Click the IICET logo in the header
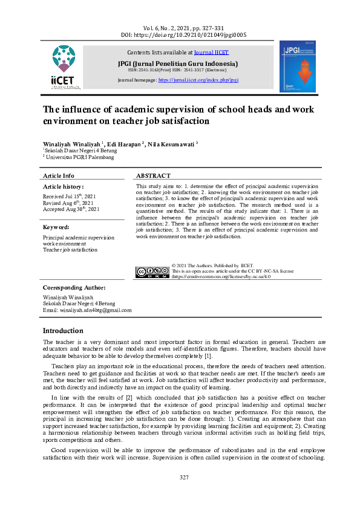point(65,67)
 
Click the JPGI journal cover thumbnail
point(297,66)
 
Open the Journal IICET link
point(212,53)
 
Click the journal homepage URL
point(198,80)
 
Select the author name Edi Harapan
point(125,144)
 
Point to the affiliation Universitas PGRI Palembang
point(80,157)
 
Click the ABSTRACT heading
point(153,175)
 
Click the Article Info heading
point(59,175)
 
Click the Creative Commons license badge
point(152,271)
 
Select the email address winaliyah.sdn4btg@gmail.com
point(87,310)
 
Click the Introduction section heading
point(63,331)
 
